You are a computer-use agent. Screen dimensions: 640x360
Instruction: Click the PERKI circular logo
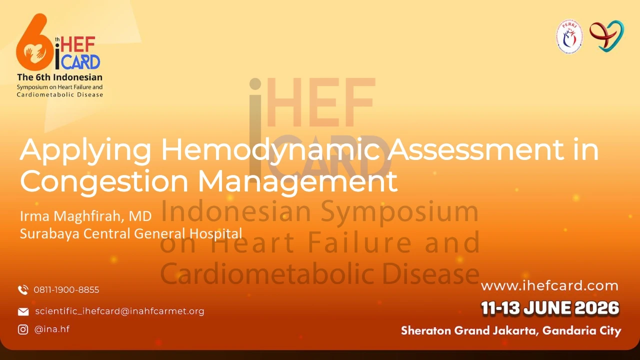tap(569, 36)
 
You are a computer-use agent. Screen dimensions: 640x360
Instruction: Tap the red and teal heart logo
tap(607, 36)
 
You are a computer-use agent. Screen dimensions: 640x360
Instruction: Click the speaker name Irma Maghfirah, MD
tap(85, 216)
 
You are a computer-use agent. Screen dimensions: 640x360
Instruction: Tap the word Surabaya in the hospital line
tap(49, 233)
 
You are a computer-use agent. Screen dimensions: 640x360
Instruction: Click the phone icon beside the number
tap(23, 289)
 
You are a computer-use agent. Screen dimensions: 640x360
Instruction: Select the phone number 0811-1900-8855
tap(66, 289)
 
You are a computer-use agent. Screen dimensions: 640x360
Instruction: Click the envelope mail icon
tap(23, 311)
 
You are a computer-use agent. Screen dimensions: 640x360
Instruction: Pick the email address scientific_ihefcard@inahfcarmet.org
tap(119, 311)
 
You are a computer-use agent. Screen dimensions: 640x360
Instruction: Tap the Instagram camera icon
tap(23, 329)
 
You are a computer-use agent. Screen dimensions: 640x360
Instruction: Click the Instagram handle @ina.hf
tap(52, 329)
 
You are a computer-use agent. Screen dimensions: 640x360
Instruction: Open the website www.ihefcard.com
tap(549, 286)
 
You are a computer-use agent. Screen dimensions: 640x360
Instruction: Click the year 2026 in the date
tap(597, 308)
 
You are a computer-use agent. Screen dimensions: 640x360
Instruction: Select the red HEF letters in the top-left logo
tap(78, 45)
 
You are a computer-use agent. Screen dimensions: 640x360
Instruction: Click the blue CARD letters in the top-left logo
tap(80, 62)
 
